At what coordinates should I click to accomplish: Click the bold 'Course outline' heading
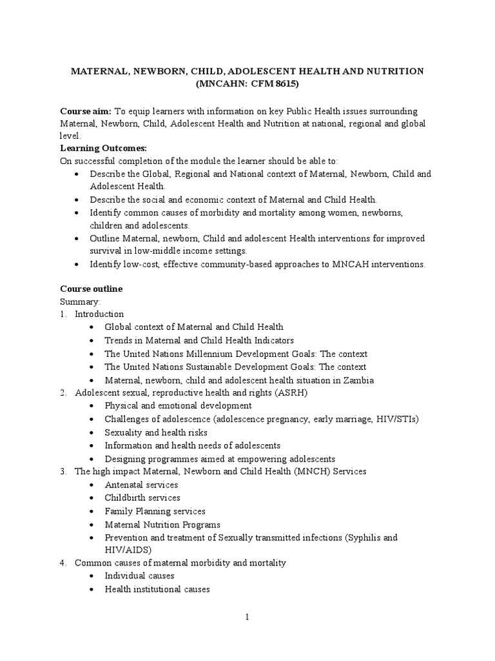91,289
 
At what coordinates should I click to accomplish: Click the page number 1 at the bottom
247,617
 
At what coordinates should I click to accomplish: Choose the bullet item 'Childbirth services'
142,498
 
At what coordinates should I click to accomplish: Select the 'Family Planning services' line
155,511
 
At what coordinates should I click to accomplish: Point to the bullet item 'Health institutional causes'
157,589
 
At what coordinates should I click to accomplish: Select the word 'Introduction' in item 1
99,314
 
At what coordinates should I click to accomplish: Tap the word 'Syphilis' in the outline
364,537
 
